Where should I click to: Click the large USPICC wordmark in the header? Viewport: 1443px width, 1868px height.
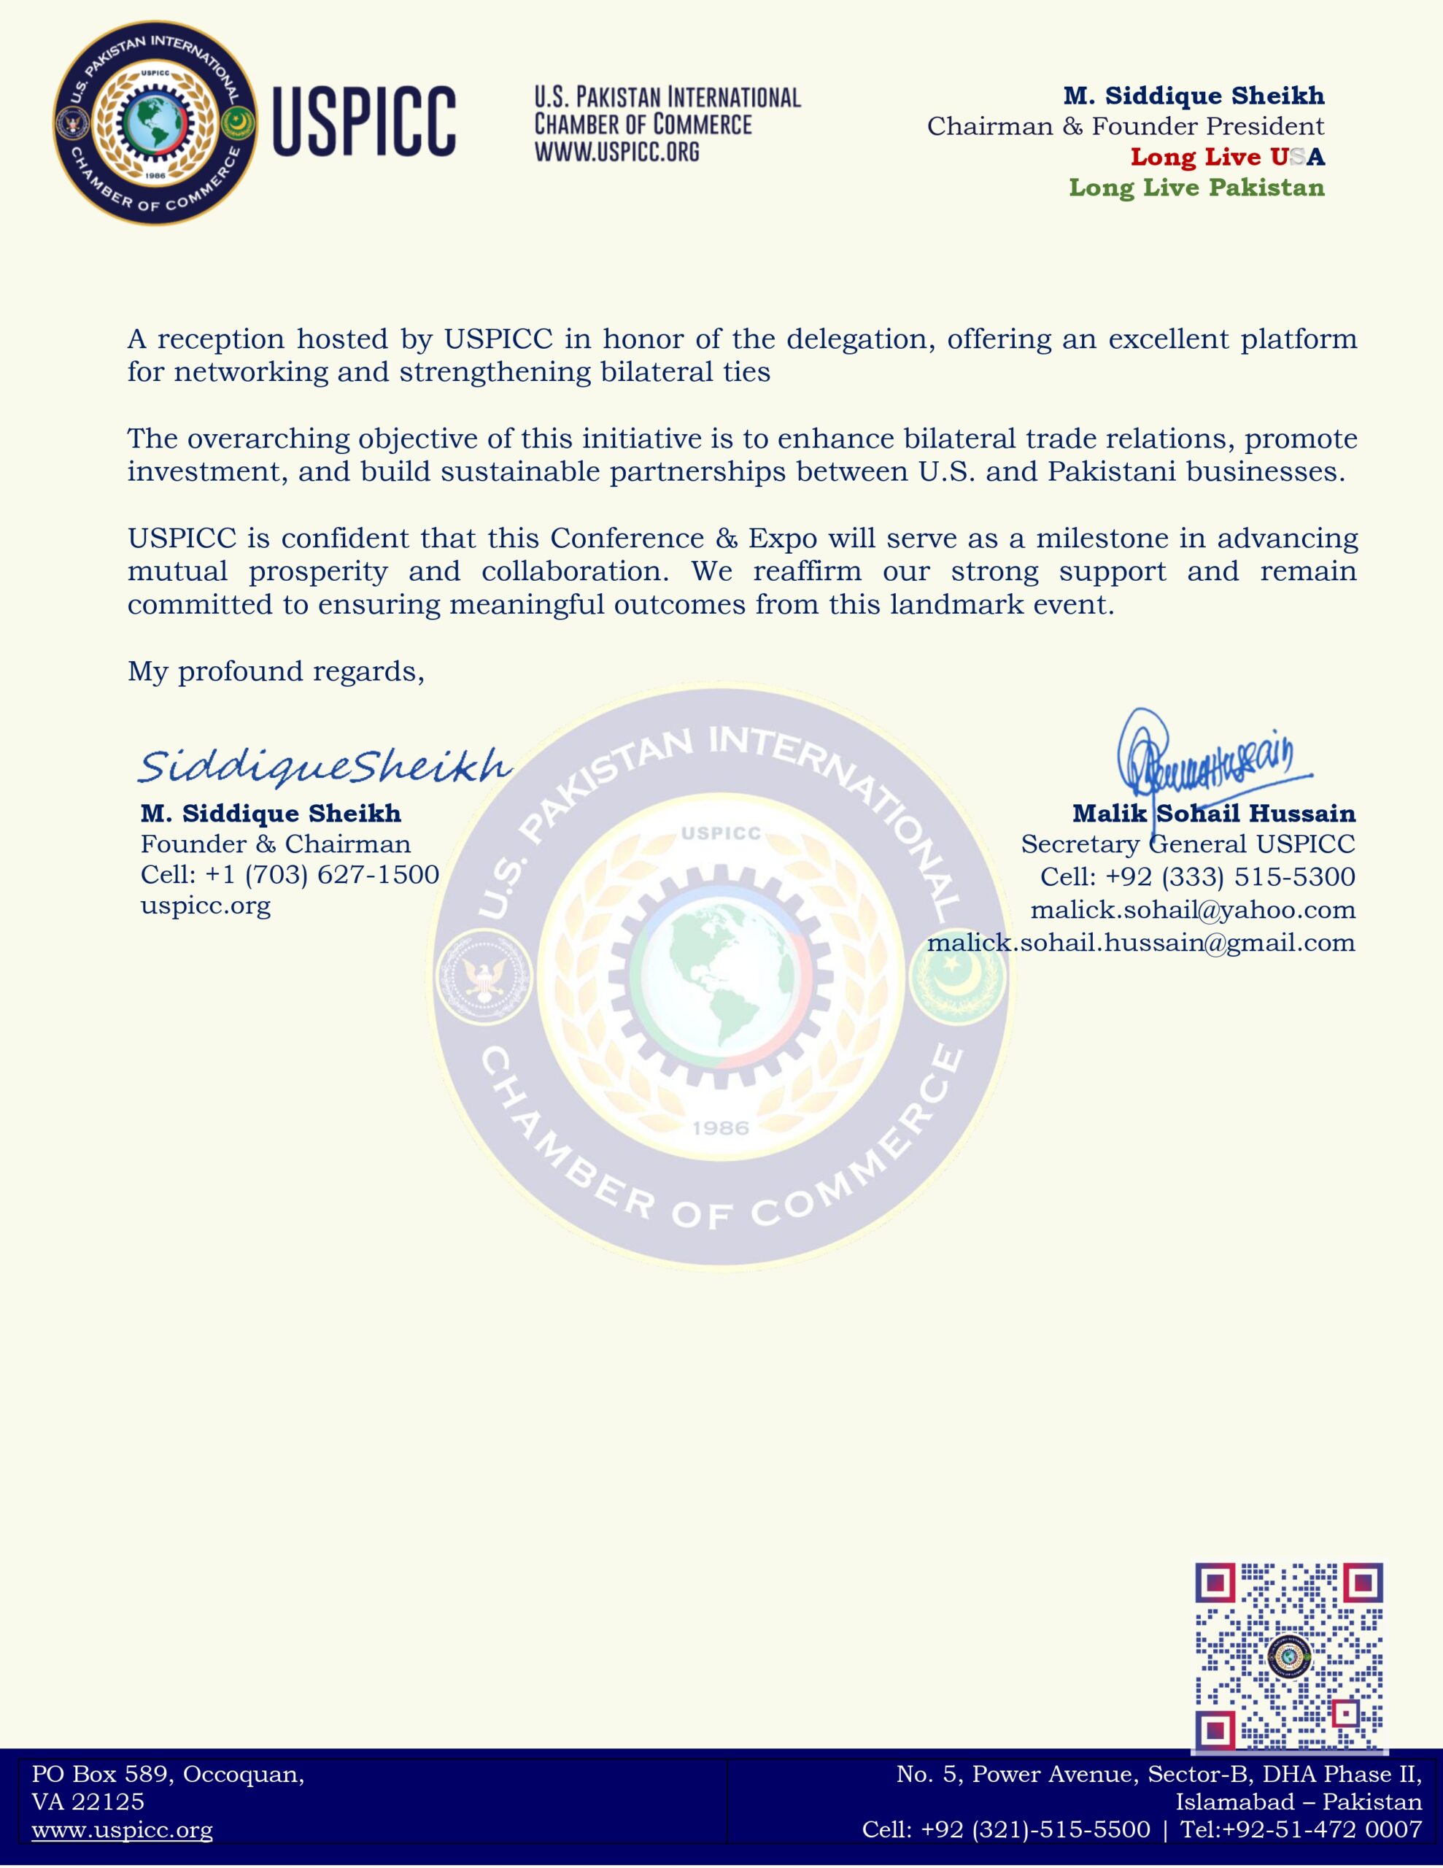[363, 121]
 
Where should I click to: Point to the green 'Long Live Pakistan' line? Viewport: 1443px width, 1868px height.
[1196, 188]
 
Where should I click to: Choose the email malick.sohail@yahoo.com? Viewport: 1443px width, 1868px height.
[1192, 909]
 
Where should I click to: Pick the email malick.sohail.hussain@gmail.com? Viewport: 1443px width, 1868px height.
[1141, 943]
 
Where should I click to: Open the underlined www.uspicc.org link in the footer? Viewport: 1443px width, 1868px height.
[123, 1829]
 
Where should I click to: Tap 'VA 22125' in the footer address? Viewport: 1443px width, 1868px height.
[88, 1802]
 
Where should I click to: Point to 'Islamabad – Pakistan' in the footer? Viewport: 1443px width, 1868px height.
[1298, 1802]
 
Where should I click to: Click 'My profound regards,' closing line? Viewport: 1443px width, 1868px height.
[276, 671]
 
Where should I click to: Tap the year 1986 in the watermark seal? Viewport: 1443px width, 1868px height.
[720, 1128]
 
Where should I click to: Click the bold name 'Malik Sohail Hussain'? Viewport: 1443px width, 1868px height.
[1213, 813]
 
